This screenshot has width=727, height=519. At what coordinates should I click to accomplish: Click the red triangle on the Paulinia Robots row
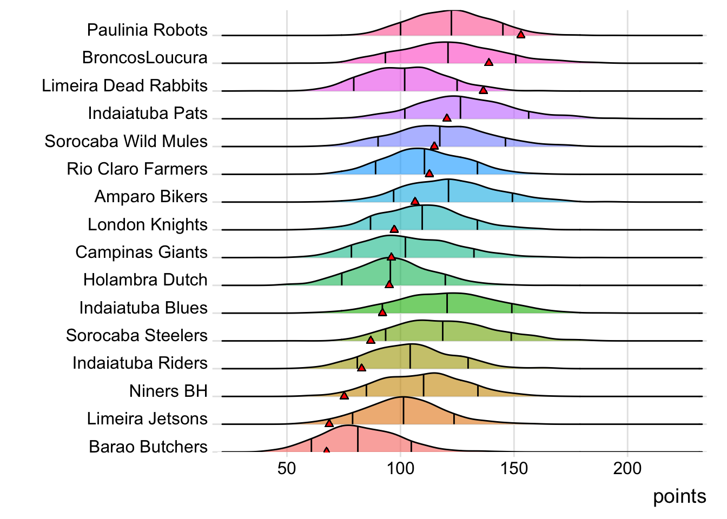[x=520, y=34]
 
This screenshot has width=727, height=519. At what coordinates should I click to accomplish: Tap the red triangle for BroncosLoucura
[x=488, y=62]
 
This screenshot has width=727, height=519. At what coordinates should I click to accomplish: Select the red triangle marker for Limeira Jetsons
[x=329, y=422]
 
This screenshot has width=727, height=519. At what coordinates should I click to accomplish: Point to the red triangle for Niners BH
[x=344, y=396]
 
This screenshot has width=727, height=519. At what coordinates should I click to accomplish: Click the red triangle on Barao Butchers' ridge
[x=326, y=450]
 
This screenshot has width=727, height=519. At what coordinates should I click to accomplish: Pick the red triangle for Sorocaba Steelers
[x=371, y=340]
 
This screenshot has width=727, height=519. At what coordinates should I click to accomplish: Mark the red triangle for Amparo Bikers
[x=415, y=201]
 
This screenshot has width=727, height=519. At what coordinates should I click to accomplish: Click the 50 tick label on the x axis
[x=287, y=468]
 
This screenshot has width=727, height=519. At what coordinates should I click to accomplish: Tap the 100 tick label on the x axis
[x=400, y=468]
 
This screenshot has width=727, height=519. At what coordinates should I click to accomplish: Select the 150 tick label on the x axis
[x=514, y=468]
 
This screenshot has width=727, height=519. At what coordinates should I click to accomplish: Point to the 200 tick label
[x=627, y=468]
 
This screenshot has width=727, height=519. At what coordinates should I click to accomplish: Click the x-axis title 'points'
[x=679, y=496]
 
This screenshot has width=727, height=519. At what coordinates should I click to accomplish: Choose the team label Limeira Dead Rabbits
[x=125, y=85]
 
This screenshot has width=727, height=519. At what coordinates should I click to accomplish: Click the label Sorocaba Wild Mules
[x=126, y=141]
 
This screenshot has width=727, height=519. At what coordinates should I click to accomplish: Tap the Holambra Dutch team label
[x=146, y=280]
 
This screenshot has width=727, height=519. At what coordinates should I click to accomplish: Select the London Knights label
[x=148, y=224]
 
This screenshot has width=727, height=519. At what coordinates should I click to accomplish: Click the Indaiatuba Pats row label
[x=148, y=113]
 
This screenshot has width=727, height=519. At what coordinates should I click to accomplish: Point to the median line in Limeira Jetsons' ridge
[x=403, y=411]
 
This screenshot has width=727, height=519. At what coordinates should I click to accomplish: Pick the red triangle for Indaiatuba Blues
[x=382, y=312]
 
